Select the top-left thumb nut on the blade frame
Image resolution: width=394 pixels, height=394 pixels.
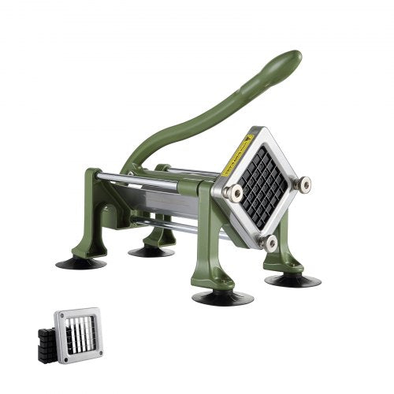tap(234, 192)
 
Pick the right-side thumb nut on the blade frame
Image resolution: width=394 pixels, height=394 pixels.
tap(302, 185)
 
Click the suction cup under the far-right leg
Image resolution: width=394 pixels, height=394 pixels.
tap(292, 280)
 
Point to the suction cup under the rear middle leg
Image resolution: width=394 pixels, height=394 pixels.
tap(151, 251)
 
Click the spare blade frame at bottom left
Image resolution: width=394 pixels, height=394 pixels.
tap(79, 331)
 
